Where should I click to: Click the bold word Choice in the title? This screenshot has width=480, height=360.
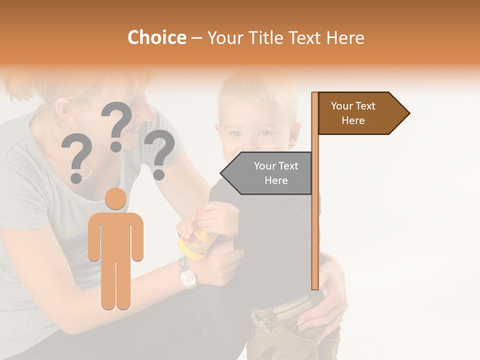pyautogui.click(x=156, y=38)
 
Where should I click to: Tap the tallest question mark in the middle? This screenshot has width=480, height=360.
pyautogui.click(x=117, y=125)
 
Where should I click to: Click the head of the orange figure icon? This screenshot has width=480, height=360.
pyautogui.click(x=115, y=199)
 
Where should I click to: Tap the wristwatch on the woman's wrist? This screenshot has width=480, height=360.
pyautogui.click(x=188, y=273)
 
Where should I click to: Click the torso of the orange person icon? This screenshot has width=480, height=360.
pyautogui.click(x=115, y=235)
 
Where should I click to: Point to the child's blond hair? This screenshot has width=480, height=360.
pyautogui.click(x=255, y=92)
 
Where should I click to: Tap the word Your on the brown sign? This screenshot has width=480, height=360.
pyautogui.click(x=342, y=106)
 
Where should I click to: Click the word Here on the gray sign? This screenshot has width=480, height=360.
pyautogui.click(x=276, y=180)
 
